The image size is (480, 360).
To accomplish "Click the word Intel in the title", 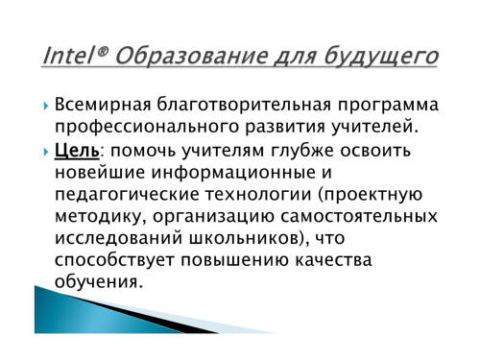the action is click(x=67, y=56).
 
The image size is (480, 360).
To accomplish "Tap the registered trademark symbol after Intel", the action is click(x=100, y=51).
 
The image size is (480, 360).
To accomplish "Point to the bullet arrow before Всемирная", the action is click(x=46, y=106).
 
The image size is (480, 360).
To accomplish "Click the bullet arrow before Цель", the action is click(x=46, y=152).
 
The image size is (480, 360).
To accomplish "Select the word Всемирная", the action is click(x=103, y=105).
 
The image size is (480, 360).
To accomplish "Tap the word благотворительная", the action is click(x=244, y=105).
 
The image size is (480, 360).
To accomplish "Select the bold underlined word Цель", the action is click(x=77, y=150).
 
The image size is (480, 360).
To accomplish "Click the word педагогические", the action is click(x=127, y=195).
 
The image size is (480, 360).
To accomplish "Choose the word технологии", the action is click(x=258, y=195).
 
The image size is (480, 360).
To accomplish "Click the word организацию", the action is click(x=213, y=217).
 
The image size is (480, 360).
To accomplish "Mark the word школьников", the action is click(x=246, y=238).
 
